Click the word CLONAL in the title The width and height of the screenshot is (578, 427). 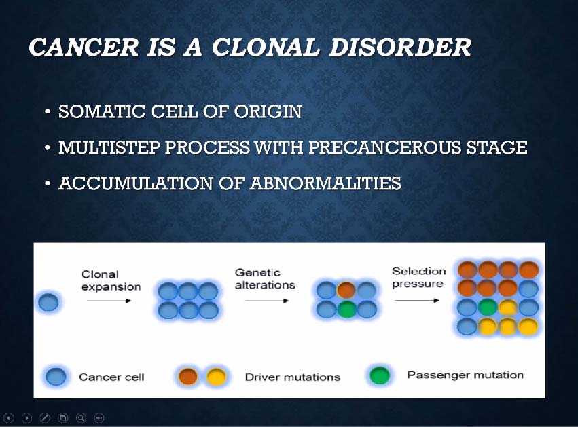click(266, 47)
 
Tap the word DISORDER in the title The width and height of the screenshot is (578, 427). click(400, 47)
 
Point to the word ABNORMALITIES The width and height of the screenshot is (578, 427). click(325, 183)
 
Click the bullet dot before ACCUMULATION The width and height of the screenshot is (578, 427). click(47, 183)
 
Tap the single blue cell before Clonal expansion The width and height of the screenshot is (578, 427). click(48, 302)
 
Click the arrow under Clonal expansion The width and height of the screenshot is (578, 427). click(109, 301)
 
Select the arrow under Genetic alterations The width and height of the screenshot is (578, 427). click(266, 301)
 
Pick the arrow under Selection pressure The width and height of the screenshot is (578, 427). click(417, 300)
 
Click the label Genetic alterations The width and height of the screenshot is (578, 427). click(265, 278)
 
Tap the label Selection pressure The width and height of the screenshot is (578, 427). click(419, 278)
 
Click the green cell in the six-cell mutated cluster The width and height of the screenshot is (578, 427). click(346, 309)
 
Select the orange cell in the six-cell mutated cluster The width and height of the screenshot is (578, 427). click(346, 291)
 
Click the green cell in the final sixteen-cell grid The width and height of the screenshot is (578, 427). click(488, 308)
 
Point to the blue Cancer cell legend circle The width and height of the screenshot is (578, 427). click(56, 377)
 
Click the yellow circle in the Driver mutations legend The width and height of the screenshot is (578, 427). click(216, 377)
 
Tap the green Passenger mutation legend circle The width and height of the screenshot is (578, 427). click(380, 375)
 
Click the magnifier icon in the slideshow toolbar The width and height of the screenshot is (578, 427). click(81, 417)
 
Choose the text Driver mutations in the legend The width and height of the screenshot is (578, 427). click(293, 377)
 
